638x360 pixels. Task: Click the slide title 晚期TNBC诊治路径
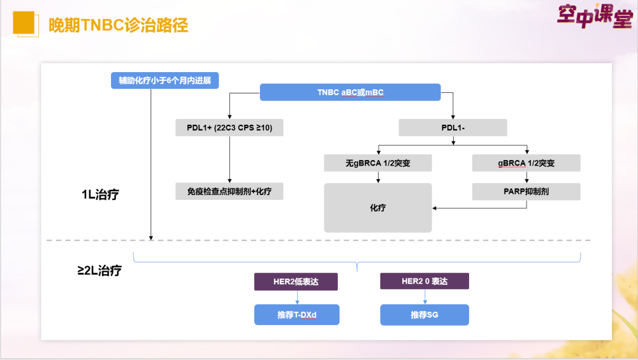(x=118, y=25)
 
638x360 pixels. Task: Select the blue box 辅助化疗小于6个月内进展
(x=165, y=80)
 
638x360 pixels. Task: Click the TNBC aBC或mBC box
(x=350, y=92)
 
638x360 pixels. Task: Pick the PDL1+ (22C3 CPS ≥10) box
(x=229, y=128)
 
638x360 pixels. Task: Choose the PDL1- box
(x=453, y=128)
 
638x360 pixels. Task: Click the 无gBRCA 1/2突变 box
(x=377, y=163)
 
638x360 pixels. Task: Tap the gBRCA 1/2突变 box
(x=526, y=163)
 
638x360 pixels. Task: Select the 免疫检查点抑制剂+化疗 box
(x=229, y=192)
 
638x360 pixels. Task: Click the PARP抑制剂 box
(x=526, y=192)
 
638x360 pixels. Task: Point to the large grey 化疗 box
(x=377, y=207)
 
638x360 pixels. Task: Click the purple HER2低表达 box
(x=295, y=281)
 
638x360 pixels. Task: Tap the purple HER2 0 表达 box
(x=424, y=281)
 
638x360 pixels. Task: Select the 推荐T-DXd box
(x=297, y=315)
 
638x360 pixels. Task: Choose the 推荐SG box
(x=424, y=315)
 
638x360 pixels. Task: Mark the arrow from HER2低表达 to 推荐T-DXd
(x=297, y=297)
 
